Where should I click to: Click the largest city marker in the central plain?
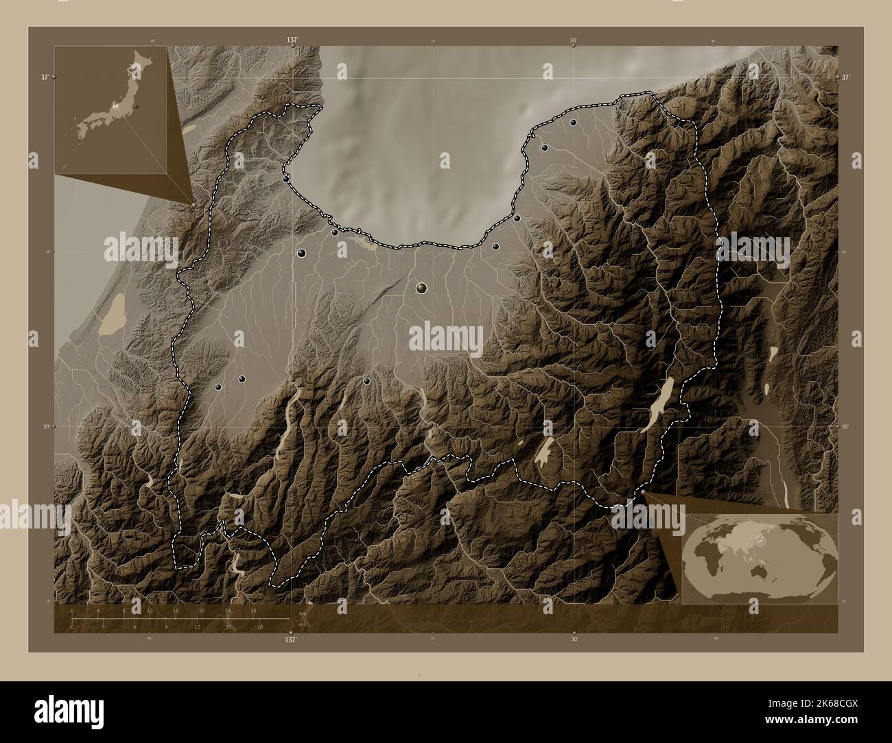click(x=421, y=289)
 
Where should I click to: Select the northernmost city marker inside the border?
click(x=573, y=123)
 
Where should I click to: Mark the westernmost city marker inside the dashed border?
click(x=218, y=387)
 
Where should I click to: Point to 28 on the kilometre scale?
click(x=254, y=610)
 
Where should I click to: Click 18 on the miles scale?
click(x=259, y=626)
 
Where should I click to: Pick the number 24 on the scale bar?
click(x=228, y=610)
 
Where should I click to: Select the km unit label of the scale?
click(x=302, y=613)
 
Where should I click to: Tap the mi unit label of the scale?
click(x=302, y=623)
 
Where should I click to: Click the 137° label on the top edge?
click(x=292, y=40)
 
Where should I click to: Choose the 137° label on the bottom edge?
click(x=292, y=639)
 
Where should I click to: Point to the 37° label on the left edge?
click(x=44, y=77)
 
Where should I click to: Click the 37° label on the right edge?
click(x=845, y=77)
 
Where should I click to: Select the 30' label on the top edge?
click(x=574, y=40)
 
